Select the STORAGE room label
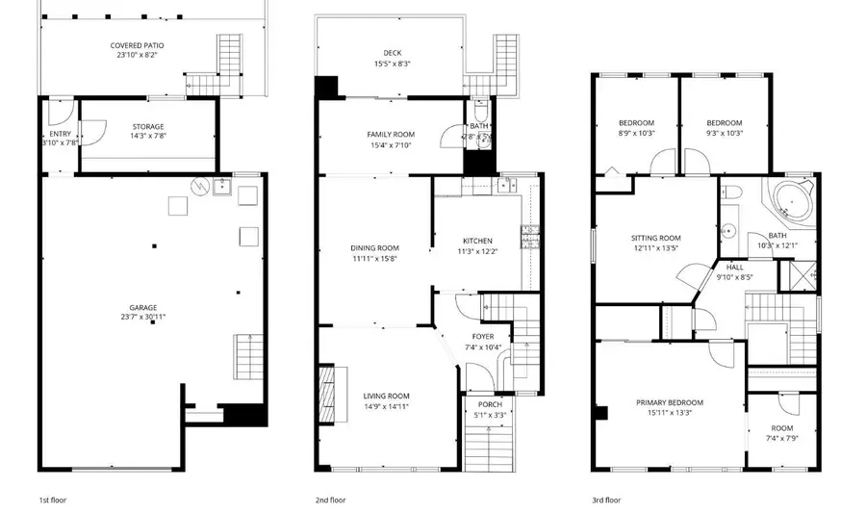click(148, 126)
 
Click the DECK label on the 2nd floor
click(392, 53)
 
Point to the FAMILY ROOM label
click(391, 134)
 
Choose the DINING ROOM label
click(374, 247)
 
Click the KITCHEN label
click(477, 241)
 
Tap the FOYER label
click(482, 336)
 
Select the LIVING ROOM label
click(386, 396)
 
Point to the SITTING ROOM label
click(656, 238)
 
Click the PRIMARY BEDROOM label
click(670, 402)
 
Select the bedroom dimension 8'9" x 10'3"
click(636, 133)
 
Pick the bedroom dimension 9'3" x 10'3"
click(725, 133)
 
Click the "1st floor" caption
click(53, 500)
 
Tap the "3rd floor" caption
click(606, 500)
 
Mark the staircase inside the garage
click(247, 357)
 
